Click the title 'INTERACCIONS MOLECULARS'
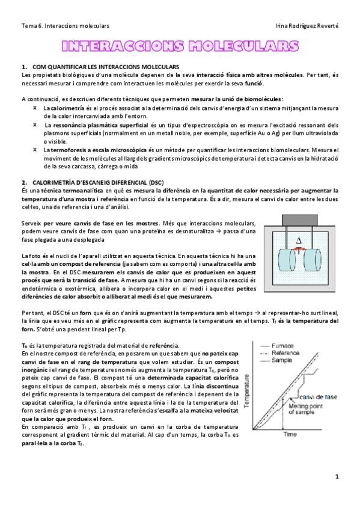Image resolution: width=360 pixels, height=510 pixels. tap(180, 46)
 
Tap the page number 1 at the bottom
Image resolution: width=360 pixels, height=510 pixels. tap(337, 477)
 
